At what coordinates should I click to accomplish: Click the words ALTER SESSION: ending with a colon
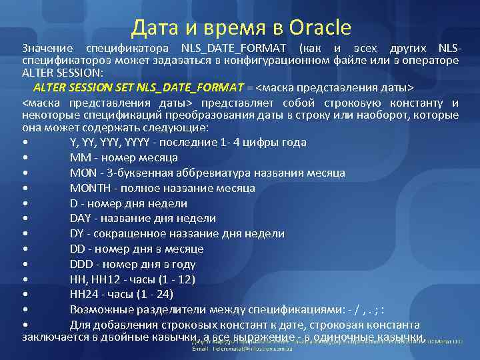[x=63, y=73]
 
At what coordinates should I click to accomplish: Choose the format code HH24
[x=83, y=294]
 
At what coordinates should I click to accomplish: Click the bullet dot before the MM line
[x=25, y=158]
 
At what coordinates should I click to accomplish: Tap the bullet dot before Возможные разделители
[x=25, y=310]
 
